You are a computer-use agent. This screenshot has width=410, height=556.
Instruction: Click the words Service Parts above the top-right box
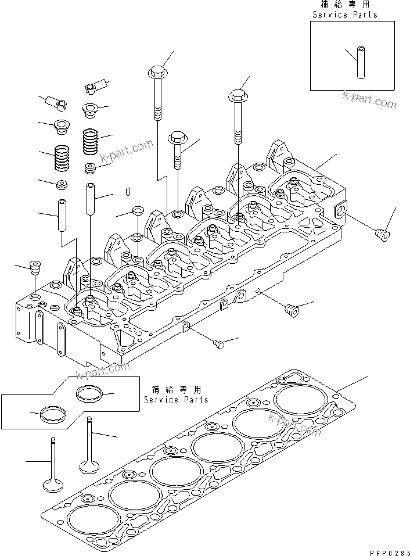[344, 15]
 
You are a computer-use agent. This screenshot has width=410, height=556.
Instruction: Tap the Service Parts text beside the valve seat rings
[176, 400]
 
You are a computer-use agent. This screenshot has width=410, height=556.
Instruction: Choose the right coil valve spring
[91, 141]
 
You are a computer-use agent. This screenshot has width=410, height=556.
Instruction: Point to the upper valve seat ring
[90, 393]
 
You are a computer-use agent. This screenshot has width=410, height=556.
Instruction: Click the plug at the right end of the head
[382, 236]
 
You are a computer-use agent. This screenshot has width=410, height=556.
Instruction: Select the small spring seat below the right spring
[90, 169]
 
